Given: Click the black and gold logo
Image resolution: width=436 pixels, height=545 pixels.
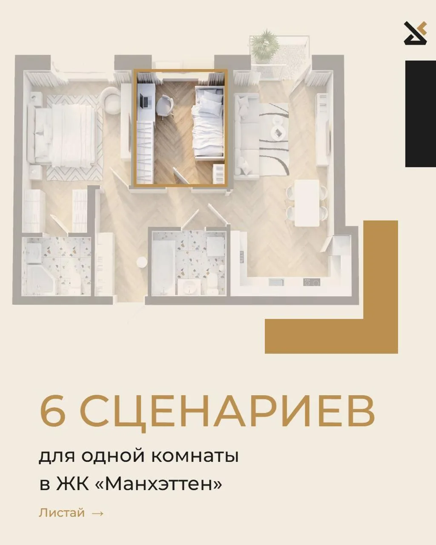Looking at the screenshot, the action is [416, 34].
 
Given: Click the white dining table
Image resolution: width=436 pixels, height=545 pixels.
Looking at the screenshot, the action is [307, 203].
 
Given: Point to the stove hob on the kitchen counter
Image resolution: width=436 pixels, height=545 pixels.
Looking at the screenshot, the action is [311, 282].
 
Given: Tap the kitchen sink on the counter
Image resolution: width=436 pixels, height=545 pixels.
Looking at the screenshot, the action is [276, 282].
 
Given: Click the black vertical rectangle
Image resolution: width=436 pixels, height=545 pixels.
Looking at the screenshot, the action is [421, 114].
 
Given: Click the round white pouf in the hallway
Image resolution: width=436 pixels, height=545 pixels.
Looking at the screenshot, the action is [141, 262].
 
